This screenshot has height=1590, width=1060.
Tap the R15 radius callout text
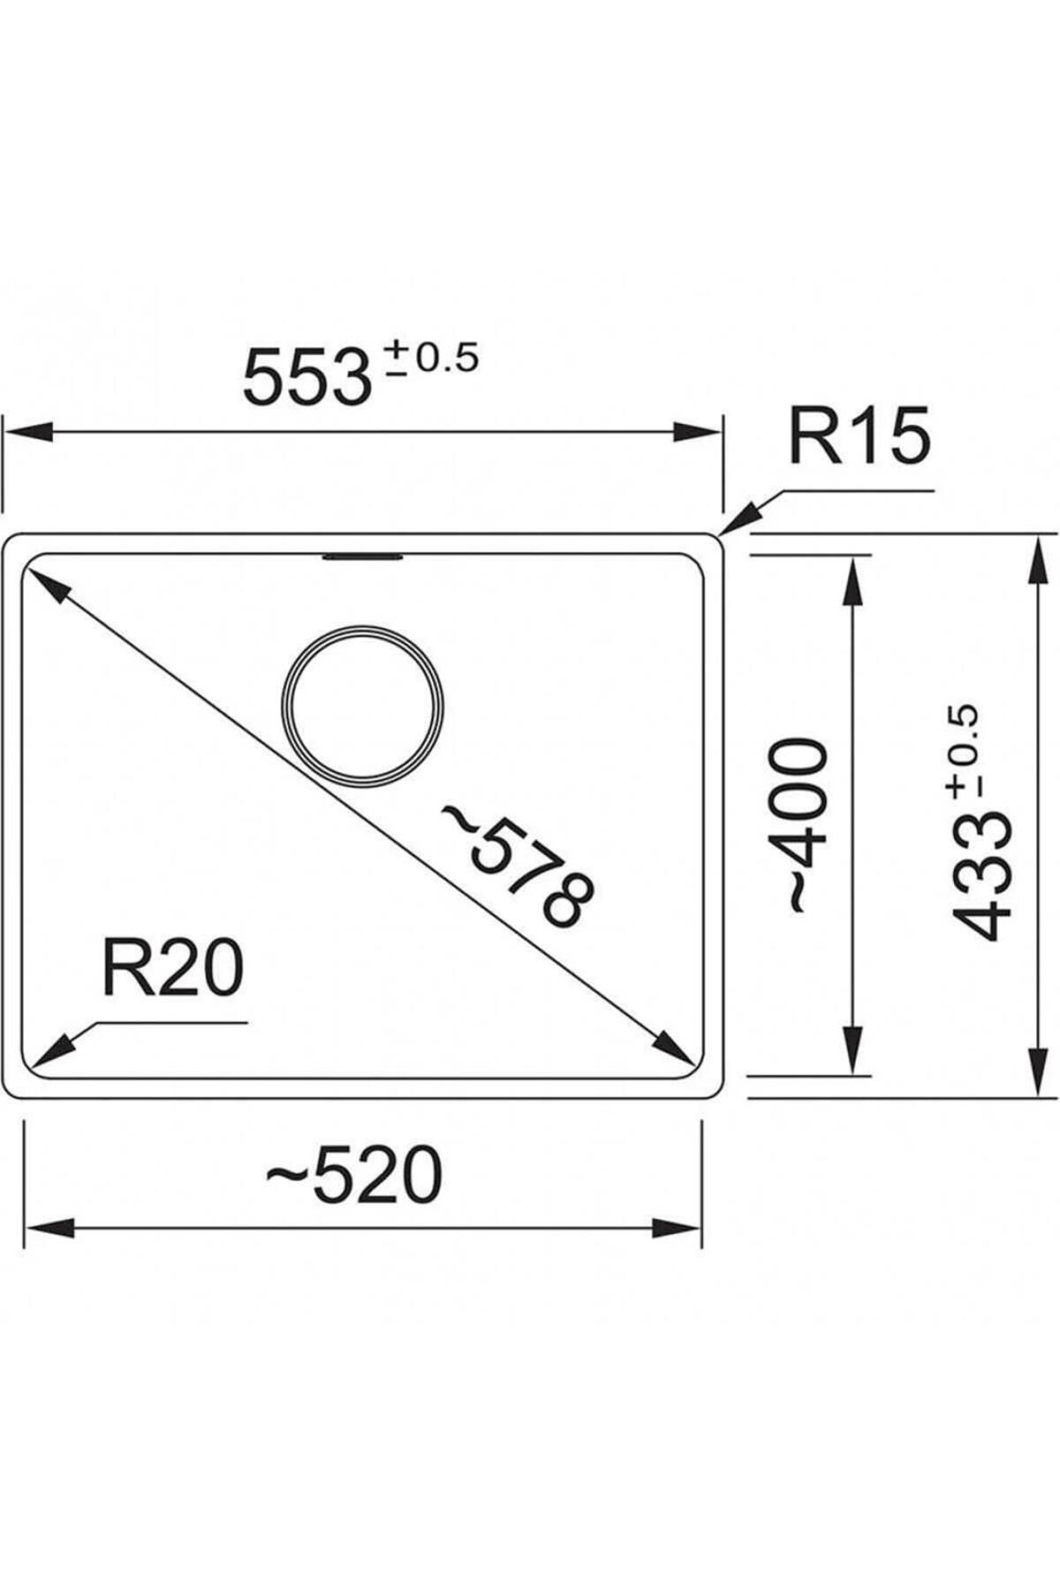pyautogui.click(x=859, y=436)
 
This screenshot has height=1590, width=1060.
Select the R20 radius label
pyautogui.click(x=171, y=969)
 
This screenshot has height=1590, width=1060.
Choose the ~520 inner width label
pyautogui.click(x=353, y=1176)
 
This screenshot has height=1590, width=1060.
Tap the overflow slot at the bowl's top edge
pyautogui.click(x=363, y=556)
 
